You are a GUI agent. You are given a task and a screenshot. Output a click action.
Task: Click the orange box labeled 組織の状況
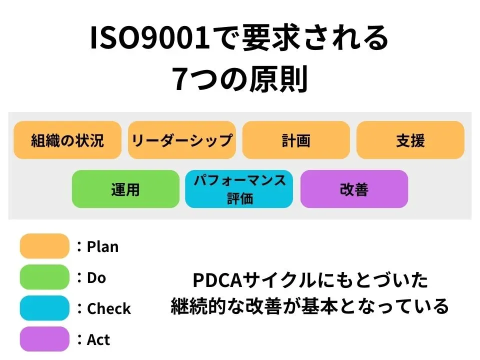[67, 140]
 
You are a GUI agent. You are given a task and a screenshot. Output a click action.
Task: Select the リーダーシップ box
[182, 140]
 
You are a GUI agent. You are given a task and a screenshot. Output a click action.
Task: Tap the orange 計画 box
[296, 140]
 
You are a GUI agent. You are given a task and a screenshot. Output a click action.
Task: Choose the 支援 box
[410, 140]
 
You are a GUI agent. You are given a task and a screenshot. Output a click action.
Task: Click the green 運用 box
[125, 189]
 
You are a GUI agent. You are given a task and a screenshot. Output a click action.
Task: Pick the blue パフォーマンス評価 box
[239, 189]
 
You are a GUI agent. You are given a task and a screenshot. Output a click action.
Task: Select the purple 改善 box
[354, 189]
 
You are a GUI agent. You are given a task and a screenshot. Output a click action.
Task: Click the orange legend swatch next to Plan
[44, 246]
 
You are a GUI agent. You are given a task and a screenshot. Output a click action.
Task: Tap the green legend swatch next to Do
[44, 277]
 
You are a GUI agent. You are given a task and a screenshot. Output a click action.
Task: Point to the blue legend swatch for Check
[44, 308]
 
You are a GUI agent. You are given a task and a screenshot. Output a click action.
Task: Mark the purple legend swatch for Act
[44, 339]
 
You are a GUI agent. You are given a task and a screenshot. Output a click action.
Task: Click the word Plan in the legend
[103, 246]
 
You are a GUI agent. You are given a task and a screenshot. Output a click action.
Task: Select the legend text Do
[96, 277]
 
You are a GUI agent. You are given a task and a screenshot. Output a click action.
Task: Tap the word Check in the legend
[109, 308]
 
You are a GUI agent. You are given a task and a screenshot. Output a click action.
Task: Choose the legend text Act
[98, 339]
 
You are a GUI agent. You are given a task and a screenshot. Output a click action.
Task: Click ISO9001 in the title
[150, 39]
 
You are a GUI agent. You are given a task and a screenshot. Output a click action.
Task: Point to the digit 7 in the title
[180, 79]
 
